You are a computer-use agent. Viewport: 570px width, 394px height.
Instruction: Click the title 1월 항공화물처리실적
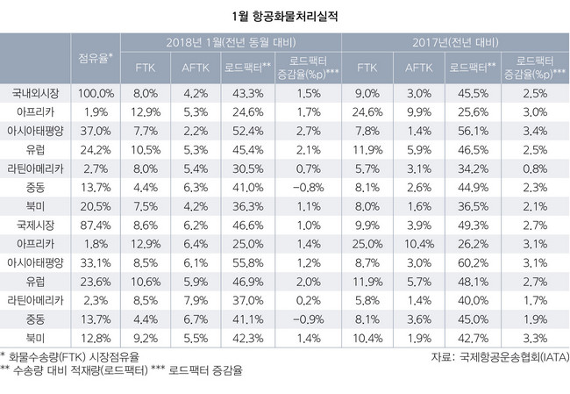[285, 15]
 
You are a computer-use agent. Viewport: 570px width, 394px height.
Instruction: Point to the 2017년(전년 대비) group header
[454, 42]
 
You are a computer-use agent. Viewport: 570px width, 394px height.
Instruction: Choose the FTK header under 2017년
[367, 67]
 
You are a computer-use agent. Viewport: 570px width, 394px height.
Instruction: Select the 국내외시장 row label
[34, 92]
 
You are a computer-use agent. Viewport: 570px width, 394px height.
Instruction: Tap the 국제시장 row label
[34, 226]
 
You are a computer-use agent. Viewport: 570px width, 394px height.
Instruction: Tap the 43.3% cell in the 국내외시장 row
[251, 92]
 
